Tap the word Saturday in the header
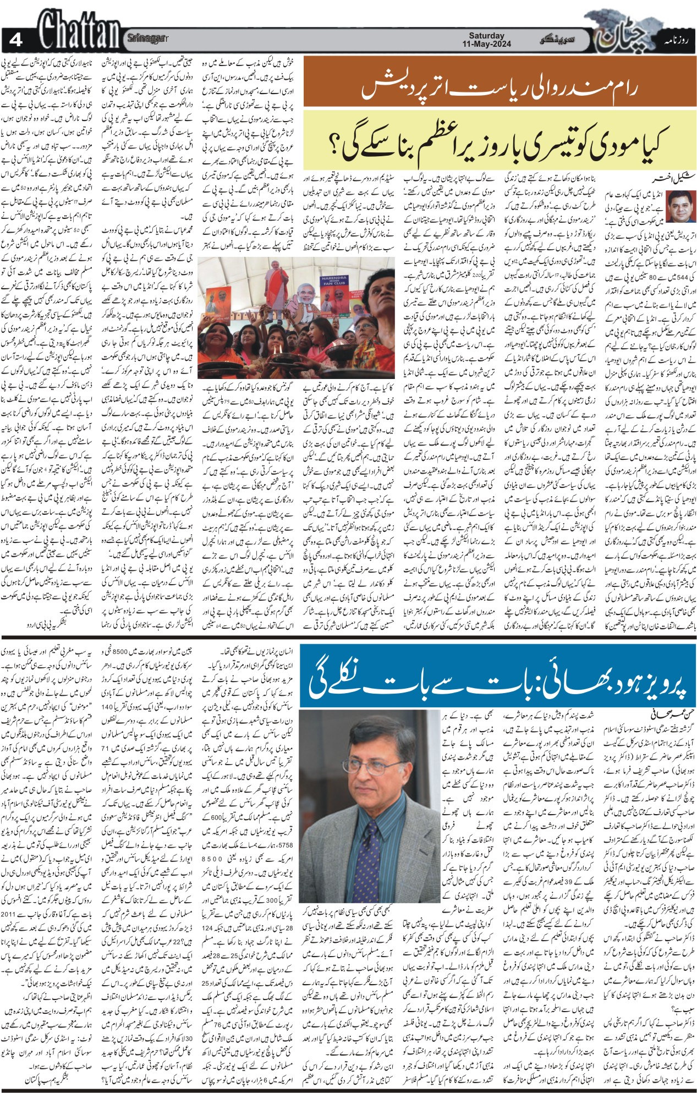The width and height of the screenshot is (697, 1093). click(486, 35)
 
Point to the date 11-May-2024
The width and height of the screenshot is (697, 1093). click(487, 44)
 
